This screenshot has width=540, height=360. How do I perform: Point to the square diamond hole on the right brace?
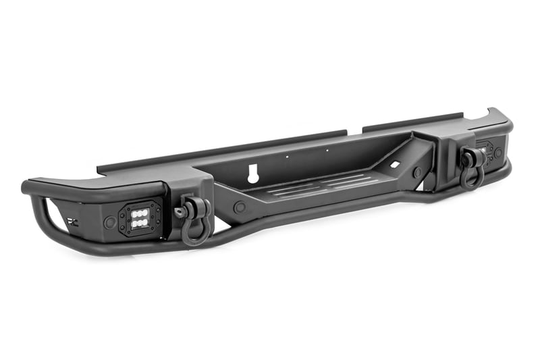click(392, 164)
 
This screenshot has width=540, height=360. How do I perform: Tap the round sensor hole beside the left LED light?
click(109, 222)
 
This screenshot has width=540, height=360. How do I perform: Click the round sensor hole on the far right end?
click(498, 153)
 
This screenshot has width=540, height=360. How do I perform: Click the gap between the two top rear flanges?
click(354, 130)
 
